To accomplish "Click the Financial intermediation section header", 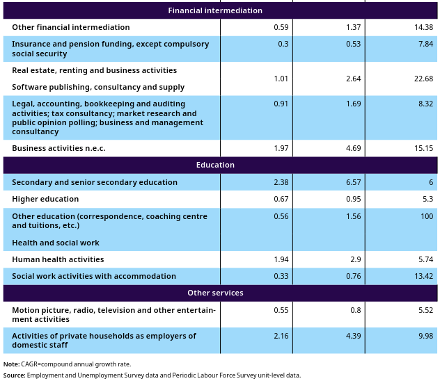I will [215, 10].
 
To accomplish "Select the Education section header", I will [215, 165].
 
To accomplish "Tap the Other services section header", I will [215, 293].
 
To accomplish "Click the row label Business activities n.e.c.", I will [58, 148].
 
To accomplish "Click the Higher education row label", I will [45, 199].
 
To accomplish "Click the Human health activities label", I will [58, 259].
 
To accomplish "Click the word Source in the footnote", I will [14, 375].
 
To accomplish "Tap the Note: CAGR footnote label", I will [11, 364].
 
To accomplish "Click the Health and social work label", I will [56, 243].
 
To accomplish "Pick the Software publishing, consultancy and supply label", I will [98, 87].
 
